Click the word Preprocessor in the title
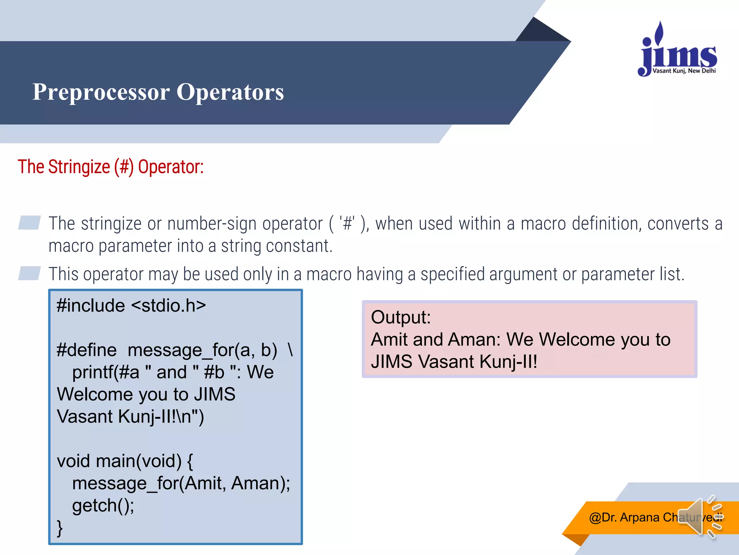click(x=101, y=92)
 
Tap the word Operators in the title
click(x=230, y=92)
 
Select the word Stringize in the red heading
click(x=79, y=167)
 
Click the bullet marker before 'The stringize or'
click(x=29, y=223)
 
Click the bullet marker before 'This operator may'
click(x=29, y=273)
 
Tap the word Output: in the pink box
click(x=401, y=317)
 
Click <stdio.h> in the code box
click(x=168, y=306)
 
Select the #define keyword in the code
click(x=87, y=350)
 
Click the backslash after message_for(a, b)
click(x=290, y=349)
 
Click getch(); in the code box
click(x=103, y=505)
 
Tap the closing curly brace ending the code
click(x=60, y=528)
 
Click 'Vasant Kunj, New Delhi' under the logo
click(x=684, y=71)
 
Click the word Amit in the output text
click(x=389, y=340)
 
